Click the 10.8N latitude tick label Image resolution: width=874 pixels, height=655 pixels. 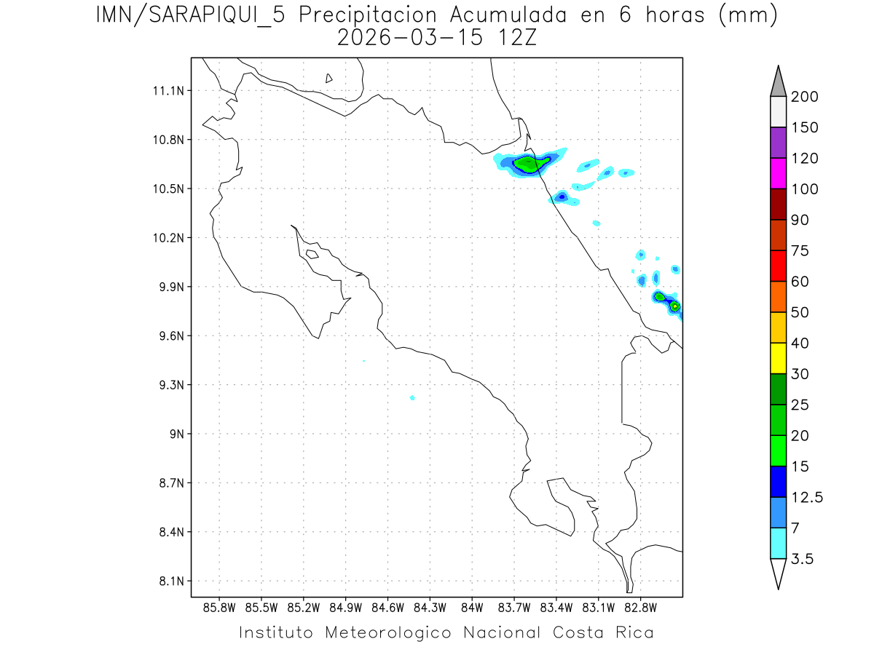[x=168, y=140]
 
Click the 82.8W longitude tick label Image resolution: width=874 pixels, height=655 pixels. [x=640, y=608]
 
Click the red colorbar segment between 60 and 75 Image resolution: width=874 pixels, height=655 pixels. [x=778, y=266]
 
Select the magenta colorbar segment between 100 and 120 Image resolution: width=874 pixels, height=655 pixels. [x=778, y=173]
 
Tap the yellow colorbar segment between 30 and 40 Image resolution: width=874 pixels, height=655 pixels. [x=778, y=358]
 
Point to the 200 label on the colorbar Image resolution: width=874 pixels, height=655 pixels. [x=804, y=97]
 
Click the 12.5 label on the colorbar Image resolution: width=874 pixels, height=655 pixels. [x=807, y=497]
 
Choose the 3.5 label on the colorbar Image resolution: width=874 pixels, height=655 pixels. [x=803, y=559]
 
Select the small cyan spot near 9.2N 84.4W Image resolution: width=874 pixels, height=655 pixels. [x=412, y=397]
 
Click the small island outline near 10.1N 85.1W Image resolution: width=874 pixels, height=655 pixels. [x=311, y=254]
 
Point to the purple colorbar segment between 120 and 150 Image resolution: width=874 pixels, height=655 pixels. [x=778, y=143]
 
